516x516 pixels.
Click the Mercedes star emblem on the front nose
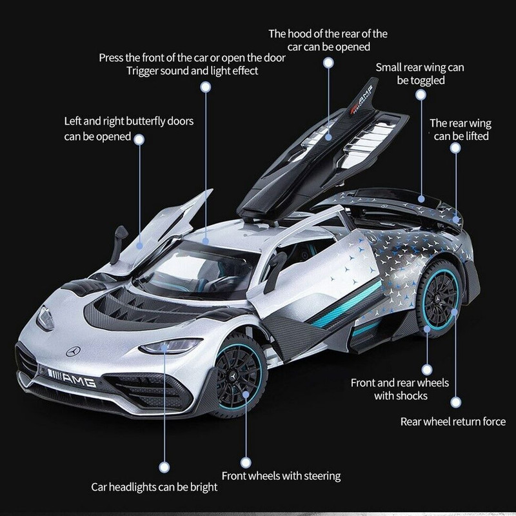(x=73, y=351)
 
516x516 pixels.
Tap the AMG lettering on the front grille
(x=79, y=380)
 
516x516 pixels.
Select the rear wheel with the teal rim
(x=440, y=299)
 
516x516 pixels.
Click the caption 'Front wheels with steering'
(x=281, y=476)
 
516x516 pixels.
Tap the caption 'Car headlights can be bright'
(x=154, y=487)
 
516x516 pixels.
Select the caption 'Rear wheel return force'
(x=453, y=422)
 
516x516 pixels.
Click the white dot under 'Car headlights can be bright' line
(x=164, y=467)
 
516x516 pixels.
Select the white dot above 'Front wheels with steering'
(x=246, y=462)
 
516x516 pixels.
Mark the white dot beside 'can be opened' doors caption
(x=139, y=139)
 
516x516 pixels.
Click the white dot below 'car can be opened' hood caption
(x=328, y=63)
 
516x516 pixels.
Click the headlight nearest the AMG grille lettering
(x=170, y=346)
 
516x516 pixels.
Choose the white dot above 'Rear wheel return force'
(x=456, y=402)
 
